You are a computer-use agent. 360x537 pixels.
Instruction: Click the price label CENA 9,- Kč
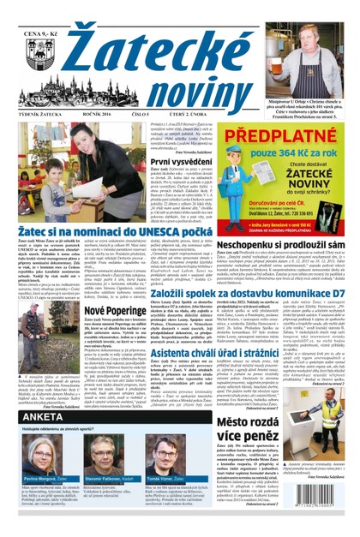tap(28, 10)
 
